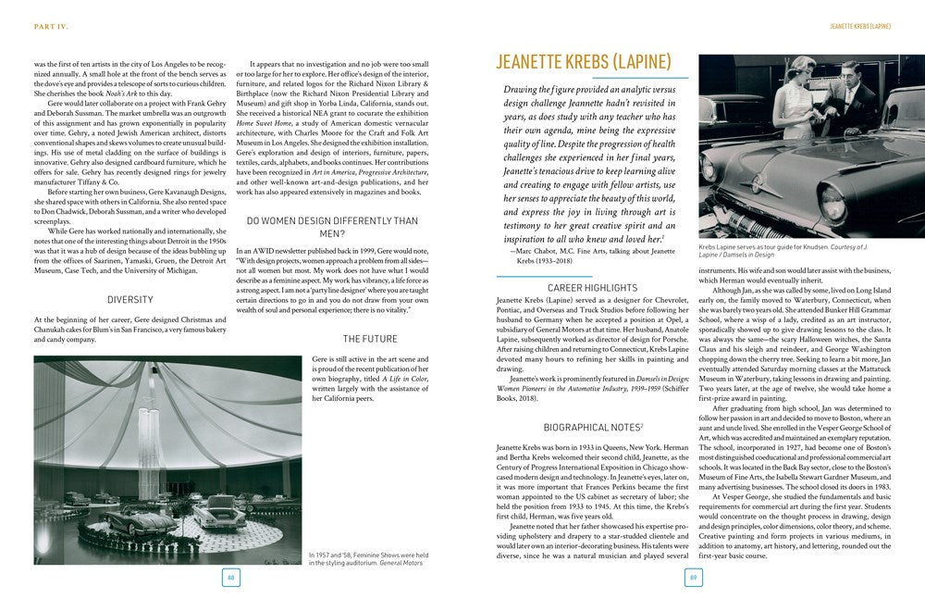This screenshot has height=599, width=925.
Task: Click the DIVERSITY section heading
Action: coord(129,300)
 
